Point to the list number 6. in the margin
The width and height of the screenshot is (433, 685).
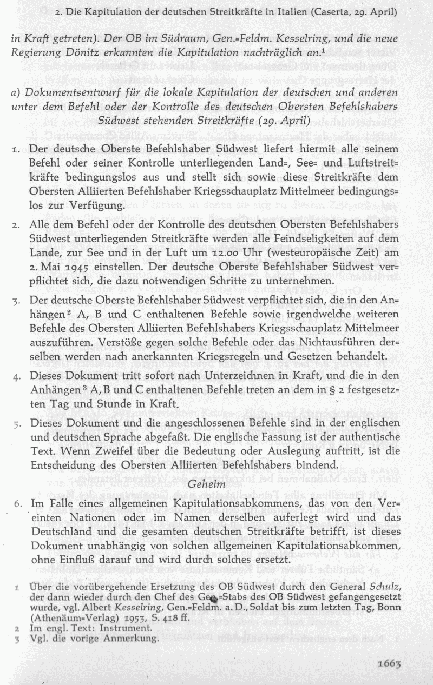(18, 504)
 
